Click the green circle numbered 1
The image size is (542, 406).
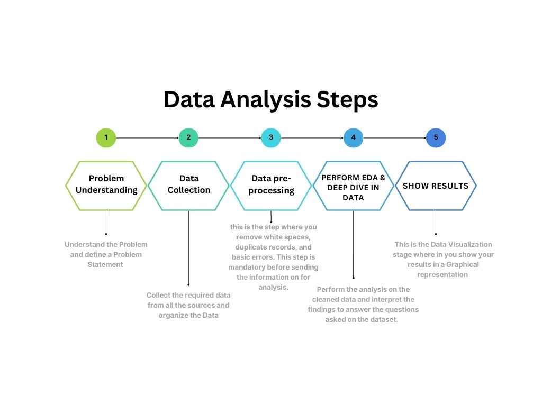[106, 138]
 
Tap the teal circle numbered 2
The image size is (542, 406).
[188, 138]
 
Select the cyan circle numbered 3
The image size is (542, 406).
[271, 138]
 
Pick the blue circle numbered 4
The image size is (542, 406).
[353, 138]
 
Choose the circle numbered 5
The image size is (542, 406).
[436, 138]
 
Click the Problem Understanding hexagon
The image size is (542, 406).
[106, 185]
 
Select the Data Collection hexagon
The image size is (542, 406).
[188, 185]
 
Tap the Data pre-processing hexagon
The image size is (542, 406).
[271, 185]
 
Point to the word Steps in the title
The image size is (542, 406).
[347, 100]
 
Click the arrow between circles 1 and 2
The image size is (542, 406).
[147, 138]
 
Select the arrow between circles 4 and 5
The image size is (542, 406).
[394, 138]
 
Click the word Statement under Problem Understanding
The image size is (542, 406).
[105, 264]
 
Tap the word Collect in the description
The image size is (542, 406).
[157, 295]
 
